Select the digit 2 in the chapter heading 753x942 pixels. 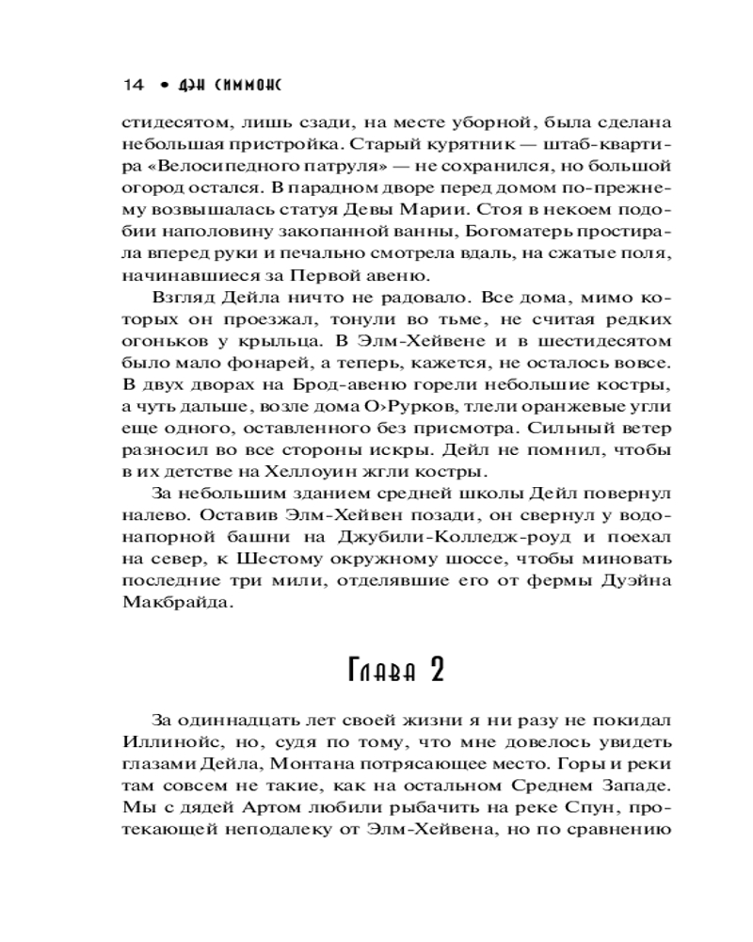pos(435,671)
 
